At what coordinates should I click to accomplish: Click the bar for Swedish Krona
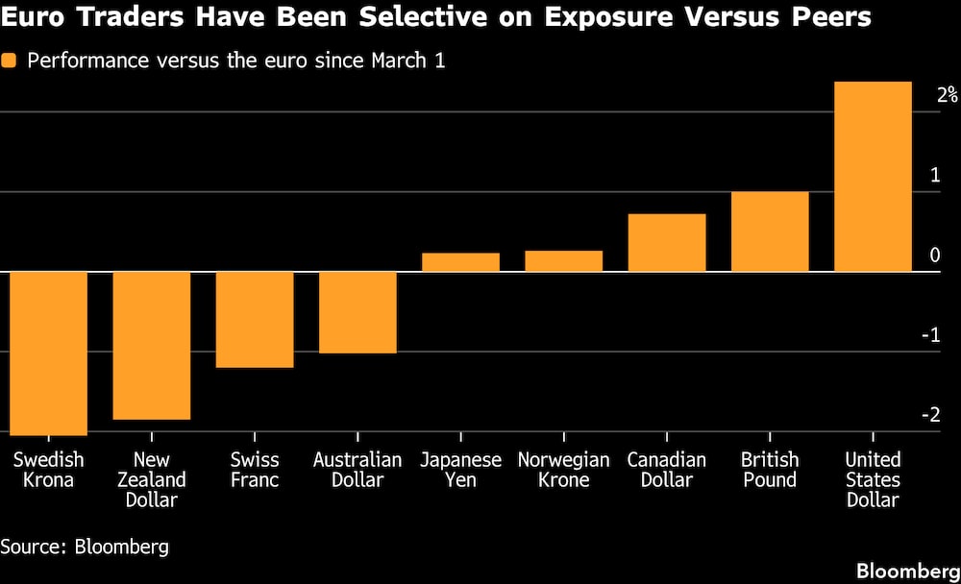48,353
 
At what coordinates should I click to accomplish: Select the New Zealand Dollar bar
152,346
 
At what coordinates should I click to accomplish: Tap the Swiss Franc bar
255,320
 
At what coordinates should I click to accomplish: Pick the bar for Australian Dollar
357,312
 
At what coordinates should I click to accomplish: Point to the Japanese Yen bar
460,262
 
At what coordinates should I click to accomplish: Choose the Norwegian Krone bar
563,261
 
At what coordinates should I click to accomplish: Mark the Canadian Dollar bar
667,243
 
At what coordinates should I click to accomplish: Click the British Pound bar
770,231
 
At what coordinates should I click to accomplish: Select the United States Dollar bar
873,177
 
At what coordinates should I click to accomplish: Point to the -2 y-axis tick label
929,415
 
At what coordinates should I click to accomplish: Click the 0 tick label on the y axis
935,255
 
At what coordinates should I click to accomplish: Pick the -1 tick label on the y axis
929,335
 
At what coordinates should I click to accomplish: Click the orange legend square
11,61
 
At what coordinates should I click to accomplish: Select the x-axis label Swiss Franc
255,470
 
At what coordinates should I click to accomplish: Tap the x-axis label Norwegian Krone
563,470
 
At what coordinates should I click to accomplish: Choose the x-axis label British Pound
770,470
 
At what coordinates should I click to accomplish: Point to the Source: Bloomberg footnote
85,547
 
